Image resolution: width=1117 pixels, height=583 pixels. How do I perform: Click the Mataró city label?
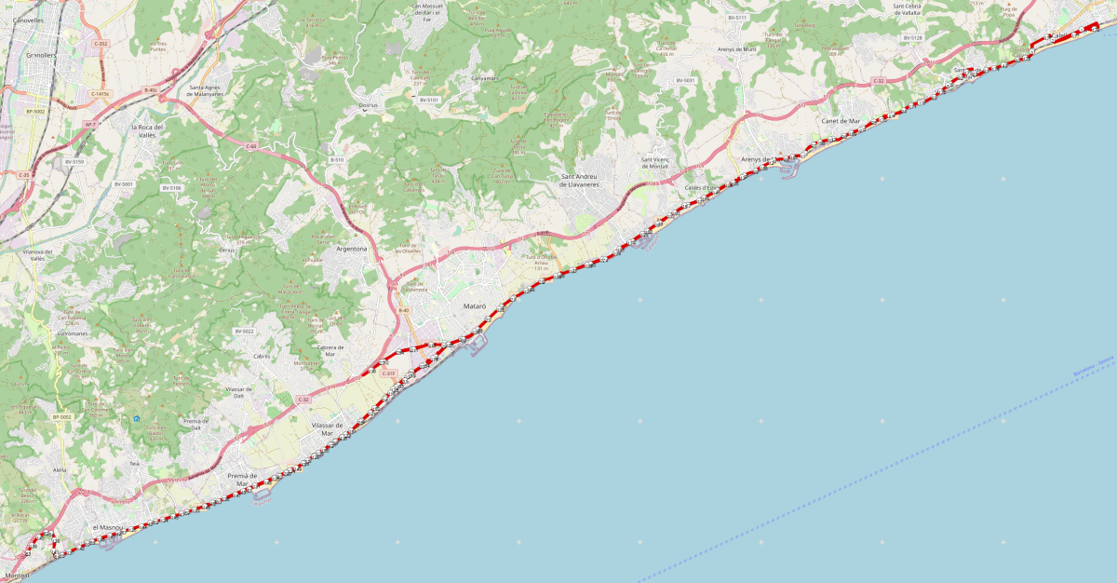click(476, 306)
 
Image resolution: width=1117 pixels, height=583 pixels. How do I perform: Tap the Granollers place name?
click(42, 56)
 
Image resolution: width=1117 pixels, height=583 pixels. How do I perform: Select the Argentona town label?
click(351, 250)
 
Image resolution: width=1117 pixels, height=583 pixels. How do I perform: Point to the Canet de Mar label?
click(841, 121)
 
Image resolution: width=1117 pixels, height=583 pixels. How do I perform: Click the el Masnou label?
click(108, 528)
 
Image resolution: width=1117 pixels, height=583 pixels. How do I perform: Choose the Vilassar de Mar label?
click(328, 429)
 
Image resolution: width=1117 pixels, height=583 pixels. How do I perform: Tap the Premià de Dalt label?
click(194, 425)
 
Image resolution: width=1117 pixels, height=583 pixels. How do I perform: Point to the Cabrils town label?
click(262, 356)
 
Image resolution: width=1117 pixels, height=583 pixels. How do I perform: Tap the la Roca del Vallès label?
click(147, 130)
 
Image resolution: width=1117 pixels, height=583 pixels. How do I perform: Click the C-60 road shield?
click(251, 147)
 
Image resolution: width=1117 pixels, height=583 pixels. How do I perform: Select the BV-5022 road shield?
click(245, 332)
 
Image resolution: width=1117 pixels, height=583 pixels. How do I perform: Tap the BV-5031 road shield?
click(686, 81)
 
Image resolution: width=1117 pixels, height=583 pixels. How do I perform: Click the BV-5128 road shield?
click(912, 38)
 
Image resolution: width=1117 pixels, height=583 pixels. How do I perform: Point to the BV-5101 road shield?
click(428, 100)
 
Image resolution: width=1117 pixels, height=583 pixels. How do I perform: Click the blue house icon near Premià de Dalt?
click(137, 419)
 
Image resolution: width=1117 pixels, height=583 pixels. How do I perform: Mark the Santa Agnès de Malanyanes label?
click(207, 91)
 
